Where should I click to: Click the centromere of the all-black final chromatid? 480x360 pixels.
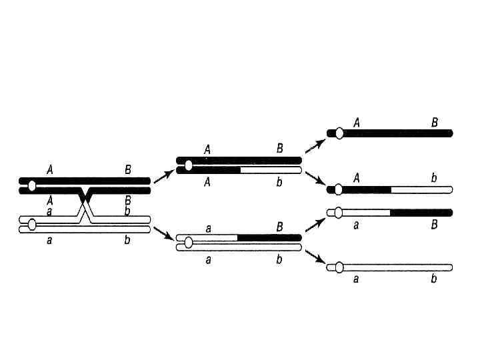coord(339,133)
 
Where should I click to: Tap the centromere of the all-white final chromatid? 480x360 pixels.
coord(339,267)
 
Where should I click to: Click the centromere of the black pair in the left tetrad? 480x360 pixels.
coord(32,186)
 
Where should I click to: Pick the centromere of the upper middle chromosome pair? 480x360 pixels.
coord(189,165)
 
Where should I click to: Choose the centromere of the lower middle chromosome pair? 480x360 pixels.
coord(189,242)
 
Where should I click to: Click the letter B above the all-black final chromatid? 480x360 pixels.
coord(435,122)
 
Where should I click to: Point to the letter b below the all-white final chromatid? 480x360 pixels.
coord(434,279)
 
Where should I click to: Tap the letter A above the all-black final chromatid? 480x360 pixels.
coord(357,122)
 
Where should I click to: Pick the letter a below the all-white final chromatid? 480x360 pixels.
coord(356,279)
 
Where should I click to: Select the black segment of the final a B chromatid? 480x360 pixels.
coord(421,213)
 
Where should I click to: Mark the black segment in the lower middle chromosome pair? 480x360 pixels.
coord(269,237)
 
